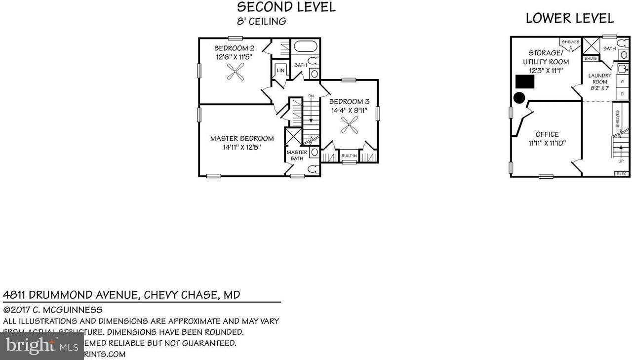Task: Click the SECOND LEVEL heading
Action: (x=286, y=7)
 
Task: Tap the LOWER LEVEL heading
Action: (x=570, y=19)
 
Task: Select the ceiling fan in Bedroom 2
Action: (x=235, y=74)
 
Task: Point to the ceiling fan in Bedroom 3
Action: (x=350, y=127)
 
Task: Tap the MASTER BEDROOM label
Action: (x=241, y=139)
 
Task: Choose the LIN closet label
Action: (x=280, y=71)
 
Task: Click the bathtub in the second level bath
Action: (x=305, y=47)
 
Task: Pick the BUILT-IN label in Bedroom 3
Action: (x=349, y=156)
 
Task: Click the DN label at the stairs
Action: (x=311, y=96)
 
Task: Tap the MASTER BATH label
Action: (x=297, y=155)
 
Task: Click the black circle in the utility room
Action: (x=519, y=98)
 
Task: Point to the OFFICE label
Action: (x=547, y=134)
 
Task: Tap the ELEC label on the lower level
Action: (x=621, y=174)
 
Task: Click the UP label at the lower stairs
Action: (x=621, y=161)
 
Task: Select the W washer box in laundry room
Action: (x=622, y=81)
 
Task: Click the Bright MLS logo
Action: (x=41, y=346)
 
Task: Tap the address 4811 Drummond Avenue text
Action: (x=121, y=295)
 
